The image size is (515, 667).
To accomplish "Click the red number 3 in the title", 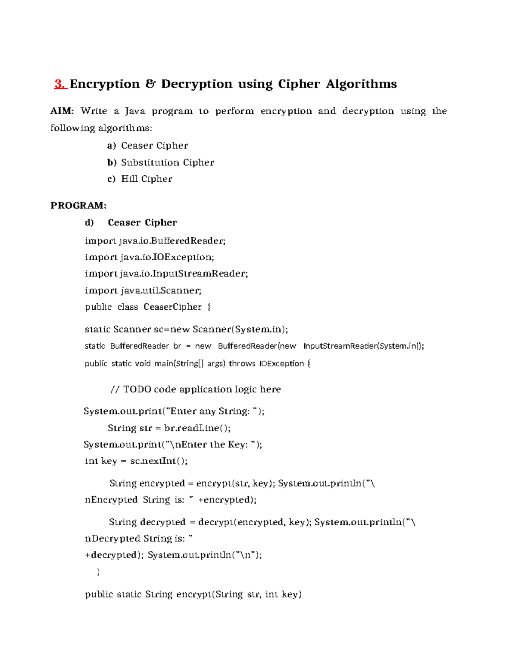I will coord(60,84).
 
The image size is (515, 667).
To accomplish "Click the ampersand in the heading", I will coord(150,84).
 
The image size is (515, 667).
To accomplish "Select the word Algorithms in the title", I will coord(361,84).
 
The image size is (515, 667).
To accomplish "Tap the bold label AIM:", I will coord(62,111).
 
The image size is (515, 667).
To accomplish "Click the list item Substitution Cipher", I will coord(167,162).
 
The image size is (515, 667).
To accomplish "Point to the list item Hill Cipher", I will coord(146,179).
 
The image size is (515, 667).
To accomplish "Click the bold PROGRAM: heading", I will coord(79,205).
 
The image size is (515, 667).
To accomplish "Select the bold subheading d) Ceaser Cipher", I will coord(131,222).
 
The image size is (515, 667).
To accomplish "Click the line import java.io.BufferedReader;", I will coord(155,241).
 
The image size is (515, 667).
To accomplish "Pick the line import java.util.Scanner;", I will coord(143,290).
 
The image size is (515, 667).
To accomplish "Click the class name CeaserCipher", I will coord(173,307).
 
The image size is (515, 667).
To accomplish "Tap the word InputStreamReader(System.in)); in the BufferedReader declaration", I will coord(364,346).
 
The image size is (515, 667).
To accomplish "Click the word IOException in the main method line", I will coord(282,363).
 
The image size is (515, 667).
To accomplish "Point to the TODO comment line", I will coord(196,389).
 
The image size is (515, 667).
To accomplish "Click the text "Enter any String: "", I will coord(213,411).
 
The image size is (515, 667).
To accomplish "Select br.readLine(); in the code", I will coord(197,428).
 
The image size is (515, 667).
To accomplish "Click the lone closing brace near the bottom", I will coord(98,572).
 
